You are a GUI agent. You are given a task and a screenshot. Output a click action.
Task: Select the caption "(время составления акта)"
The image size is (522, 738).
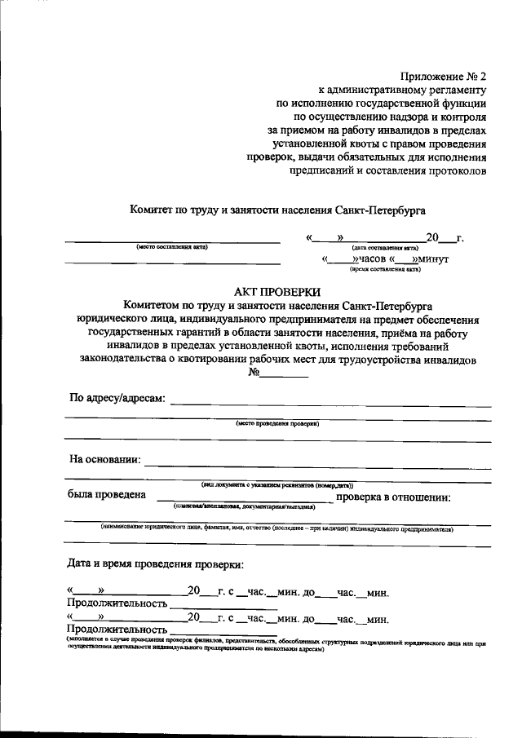tap(387, 268)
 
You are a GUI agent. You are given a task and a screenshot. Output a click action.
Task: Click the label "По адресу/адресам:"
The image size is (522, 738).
tap(117, 398)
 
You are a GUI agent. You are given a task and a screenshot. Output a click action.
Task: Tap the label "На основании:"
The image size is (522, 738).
tap(105, 459)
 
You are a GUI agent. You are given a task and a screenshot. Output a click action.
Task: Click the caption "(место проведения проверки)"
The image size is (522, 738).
tap(277, 424)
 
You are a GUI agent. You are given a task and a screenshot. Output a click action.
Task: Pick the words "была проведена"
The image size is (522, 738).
tap(107, 495)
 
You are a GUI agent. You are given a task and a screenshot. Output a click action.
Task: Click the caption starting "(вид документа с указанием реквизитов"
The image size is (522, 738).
tap(277, 484)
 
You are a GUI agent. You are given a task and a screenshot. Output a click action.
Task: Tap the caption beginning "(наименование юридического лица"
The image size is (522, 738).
tap(277, 528)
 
